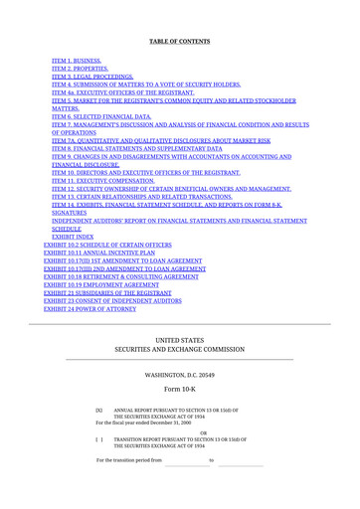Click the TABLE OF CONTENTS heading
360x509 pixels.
(179, 41)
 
